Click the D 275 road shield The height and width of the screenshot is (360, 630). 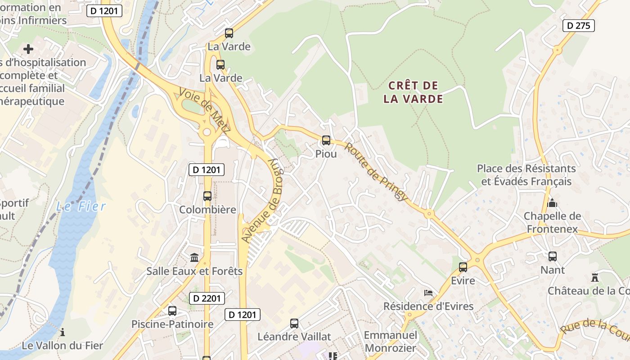coord(578,26)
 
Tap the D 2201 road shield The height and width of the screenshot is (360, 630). coord(207,298)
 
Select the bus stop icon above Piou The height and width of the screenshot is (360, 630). coord(326,140)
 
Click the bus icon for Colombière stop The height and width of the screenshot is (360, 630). coord(207,196)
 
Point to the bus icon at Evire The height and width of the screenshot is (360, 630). coord(463,267)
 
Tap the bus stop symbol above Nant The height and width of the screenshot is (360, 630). coord(553,256)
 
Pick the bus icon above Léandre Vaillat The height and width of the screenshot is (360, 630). coord(294,323)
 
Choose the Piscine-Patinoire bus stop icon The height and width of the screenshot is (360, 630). coord(172,310)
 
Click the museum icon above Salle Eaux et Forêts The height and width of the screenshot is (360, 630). coord(194,257)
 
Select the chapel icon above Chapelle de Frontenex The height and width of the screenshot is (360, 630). coord(552,203)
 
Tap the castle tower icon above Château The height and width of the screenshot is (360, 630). coord(595,277)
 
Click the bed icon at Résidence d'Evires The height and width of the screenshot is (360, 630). coord(428,293)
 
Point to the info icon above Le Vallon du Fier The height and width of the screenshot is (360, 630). coord(63,332)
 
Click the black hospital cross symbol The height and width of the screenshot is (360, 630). coord(28,49)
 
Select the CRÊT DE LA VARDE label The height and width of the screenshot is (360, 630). coord(413,92)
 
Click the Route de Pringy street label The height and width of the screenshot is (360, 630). coord(377,172)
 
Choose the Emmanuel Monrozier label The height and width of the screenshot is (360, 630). coord(391,342)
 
